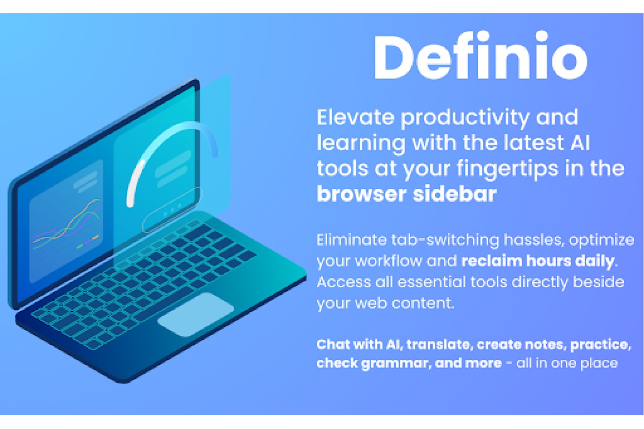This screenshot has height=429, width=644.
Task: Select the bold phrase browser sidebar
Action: point(407,193)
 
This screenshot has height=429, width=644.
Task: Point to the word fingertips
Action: point(508,169)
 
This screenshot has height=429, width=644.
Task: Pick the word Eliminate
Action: point(352,240)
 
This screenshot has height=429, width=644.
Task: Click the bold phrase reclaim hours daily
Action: point(538,261)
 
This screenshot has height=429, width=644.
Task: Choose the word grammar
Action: point(396,363)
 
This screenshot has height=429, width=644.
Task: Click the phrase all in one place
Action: point(567,363)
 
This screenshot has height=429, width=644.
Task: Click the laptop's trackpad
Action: point(195,314)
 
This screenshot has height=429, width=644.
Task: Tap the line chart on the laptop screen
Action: point(66,224)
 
